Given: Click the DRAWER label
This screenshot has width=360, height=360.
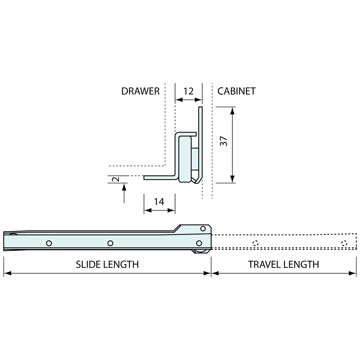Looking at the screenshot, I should pos(140,91).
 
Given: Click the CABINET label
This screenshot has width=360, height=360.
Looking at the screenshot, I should pos(236,91).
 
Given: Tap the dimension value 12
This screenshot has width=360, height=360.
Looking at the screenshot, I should pos(189,91).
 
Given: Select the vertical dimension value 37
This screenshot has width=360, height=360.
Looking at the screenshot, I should pos(224,141).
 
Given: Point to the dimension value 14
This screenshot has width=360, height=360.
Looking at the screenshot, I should pos(159,202).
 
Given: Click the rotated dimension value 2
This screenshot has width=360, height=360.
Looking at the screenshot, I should pos(115,179).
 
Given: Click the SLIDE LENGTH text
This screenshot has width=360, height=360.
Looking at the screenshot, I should pos(107,264).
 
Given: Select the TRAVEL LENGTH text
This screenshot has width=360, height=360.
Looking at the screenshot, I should pos(283,264).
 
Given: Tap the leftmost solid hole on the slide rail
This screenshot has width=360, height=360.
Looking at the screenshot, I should pos(49,243).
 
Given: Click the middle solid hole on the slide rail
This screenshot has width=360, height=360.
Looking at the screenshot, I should pos(110,243).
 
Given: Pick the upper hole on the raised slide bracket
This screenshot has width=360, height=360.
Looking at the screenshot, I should pos(203,228).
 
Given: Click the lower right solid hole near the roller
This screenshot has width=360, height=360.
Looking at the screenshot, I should pos(199,243).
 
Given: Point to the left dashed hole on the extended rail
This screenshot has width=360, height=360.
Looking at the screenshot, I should pos(256,243).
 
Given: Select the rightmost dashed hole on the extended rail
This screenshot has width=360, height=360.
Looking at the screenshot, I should pos(344,243).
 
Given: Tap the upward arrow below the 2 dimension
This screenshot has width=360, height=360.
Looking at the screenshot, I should pos(124,187).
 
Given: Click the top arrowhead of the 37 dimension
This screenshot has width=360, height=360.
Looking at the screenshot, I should pos(232,111).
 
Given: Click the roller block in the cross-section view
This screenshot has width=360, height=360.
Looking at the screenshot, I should pos(185,159).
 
